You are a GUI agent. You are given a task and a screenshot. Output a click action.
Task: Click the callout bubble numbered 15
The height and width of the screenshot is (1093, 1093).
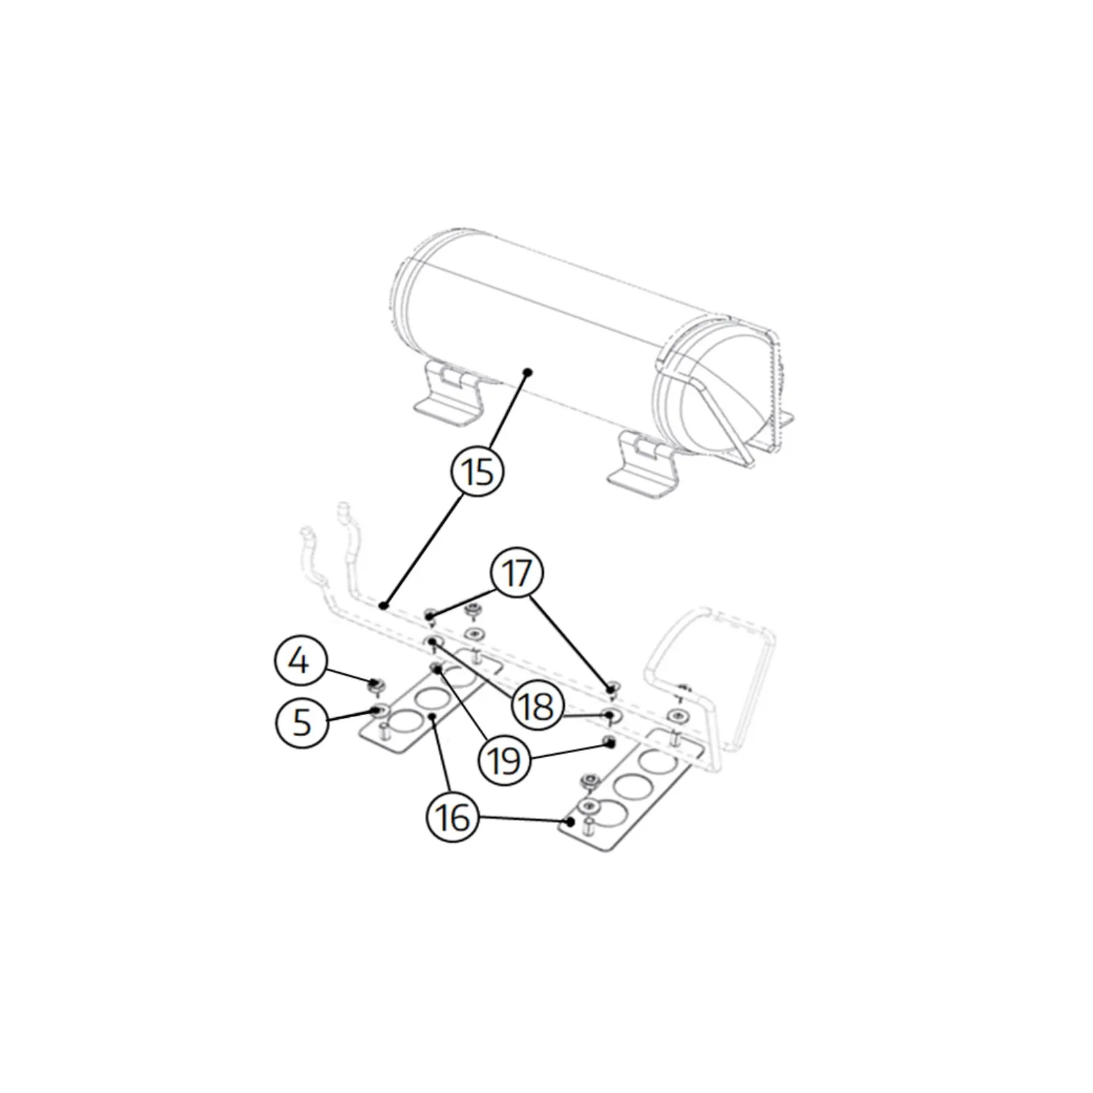(x=477, y=471)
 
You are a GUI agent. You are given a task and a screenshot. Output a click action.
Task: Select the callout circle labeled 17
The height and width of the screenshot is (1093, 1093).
(x=517, y=573)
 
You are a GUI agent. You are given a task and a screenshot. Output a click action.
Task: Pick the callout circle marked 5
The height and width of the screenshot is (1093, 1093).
(x=302, y=722)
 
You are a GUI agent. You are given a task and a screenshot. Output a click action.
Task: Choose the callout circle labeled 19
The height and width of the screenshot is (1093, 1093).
(x=504, y=760)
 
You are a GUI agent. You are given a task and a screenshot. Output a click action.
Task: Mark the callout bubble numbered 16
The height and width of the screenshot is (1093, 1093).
(x=453, y=818)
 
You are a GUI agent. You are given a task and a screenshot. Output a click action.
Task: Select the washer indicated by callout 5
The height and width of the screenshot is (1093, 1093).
(x=379, y=709)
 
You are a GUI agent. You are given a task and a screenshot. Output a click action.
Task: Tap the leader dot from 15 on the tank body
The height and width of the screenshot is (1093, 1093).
(x=528, y=372)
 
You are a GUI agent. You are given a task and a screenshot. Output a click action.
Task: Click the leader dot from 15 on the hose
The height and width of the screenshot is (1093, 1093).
(x=383, y=606)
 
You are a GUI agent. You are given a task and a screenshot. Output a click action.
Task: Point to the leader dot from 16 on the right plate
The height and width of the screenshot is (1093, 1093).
(x=571, y=822)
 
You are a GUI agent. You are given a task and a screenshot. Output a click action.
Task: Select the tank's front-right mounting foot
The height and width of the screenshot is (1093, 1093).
(x=644, y=467)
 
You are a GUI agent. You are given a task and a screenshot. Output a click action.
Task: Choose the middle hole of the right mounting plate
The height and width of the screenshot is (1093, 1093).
(x=632, y=785)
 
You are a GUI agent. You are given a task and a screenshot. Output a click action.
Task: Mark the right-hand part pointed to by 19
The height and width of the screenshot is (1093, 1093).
(x=609, y=742)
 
